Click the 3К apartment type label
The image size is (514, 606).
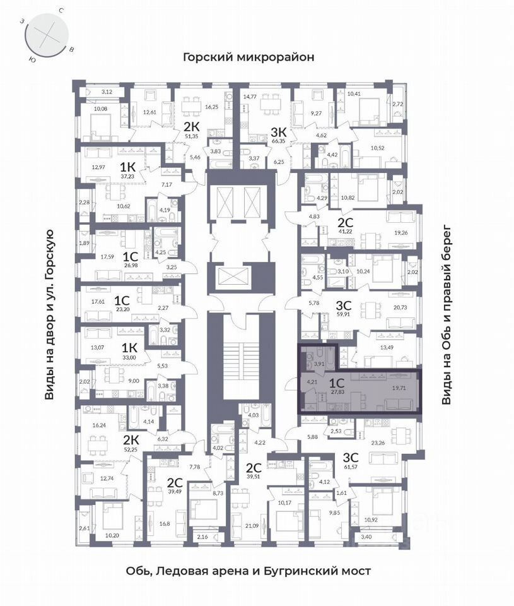pos(279,131)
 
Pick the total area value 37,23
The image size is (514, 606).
pos(128,177)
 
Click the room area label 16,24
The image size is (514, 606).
pos(101,426)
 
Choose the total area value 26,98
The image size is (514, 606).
pos(130,266)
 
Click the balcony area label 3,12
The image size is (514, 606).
pos(107,92)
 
